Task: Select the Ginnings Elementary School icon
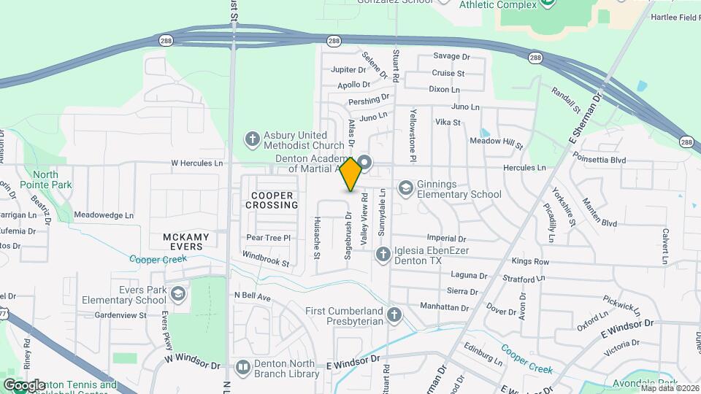click(x=405, y=188)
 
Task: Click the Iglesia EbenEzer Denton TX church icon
click(x=382, y=255)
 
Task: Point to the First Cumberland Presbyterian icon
click(x=394, y=315)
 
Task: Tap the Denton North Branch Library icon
click(x=242, y=367)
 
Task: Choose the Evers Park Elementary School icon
click(x=177, y=294)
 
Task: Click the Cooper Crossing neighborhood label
click(x=273, y=200)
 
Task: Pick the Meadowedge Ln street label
click(x=104, y=215)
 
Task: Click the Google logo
click(x=24, y=385)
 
